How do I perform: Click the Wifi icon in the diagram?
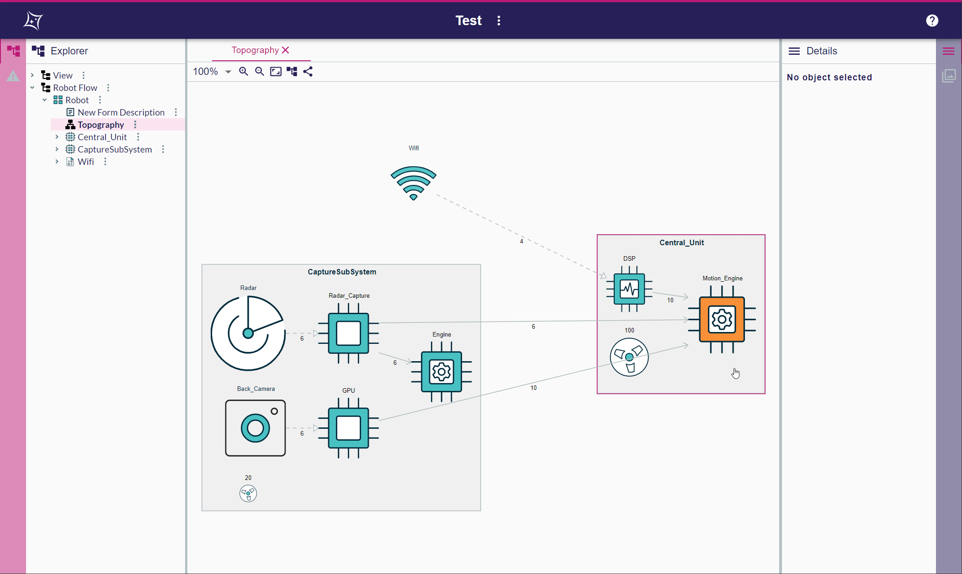413,183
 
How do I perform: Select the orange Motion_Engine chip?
722,319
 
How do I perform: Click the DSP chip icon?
629,289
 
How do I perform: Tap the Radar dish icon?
248,333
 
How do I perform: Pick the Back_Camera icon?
255,428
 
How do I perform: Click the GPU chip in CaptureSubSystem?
348,428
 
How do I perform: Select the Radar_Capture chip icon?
348,333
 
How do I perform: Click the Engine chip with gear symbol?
441,372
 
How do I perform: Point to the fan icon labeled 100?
629,357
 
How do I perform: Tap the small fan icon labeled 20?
248,493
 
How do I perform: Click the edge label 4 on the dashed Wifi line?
521,241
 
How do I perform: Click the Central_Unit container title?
681,242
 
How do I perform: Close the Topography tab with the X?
286,50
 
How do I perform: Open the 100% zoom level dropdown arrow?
228,72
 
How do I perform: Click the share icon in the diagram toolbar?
308,72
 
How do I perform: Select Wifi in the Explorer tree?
85,162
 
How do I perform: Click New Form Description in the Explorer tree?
121,112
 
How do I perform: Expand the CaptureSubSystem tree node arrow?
57,149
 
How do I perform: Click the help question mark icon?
932,21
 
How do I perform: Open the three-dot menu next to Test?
499,21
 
